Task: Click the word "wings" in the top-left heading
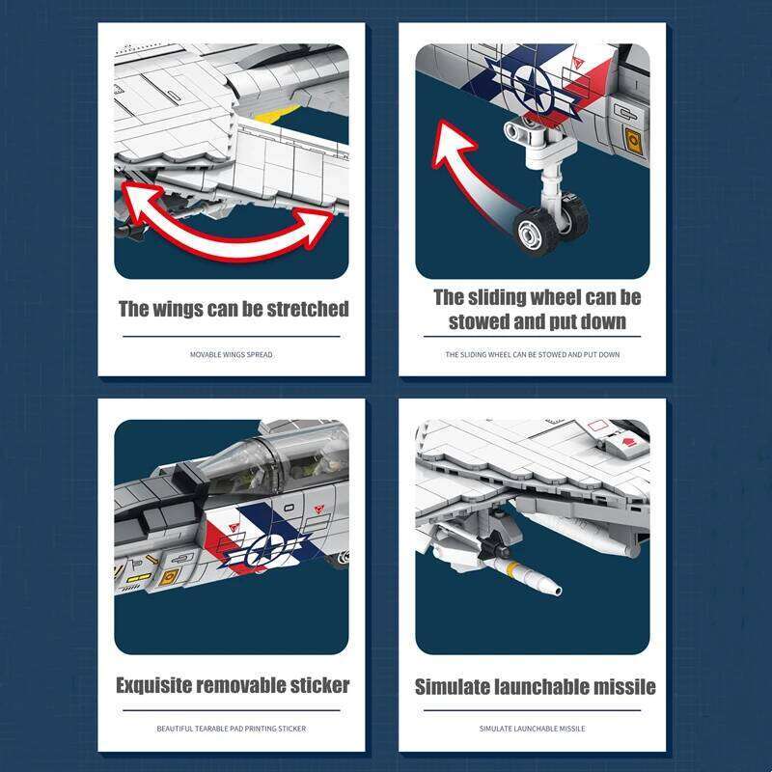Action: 179,310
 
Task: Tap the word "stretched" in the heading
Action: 299,310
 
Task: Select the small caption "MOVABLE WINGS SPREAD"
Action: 232,355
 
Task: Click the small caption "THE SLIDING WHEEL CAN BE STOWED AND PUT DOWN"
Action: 533,355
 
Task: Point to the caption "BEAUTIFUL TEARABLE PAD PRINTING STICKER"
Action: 232,729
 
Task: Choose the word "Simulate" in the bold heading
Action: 455,687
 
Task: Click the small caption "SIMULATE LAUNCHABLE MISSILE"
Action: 533,729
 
